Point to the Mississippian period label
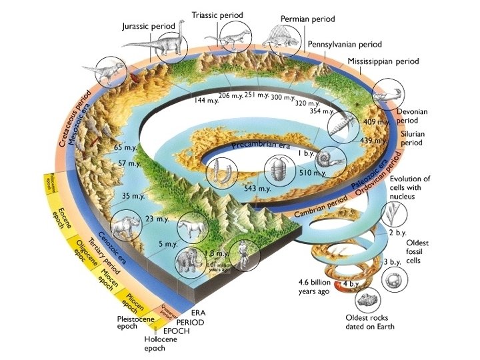pos(383,61)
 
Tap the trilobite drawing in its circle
pos(279,169)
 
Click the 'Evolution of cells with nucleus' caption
pos(409,188)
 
